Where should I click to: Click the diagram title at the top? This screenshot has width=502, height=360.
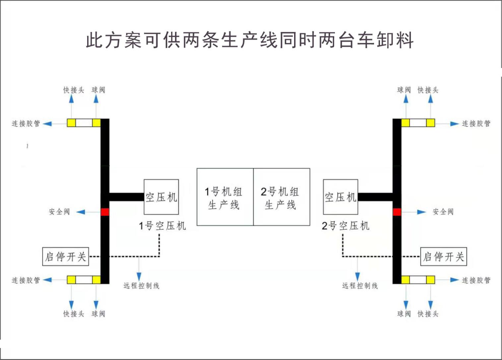[250, 40]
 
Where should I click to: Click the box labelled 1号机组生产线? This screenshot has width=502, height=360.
[225, 197]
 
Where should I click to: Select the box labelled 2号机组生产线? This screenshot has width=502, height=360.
[282, 197]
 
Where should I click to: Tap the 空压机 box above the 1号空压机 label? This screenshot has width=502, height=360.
[161, 197]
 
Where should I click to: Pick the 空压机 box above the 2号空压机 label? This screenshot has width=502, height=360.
[341, 197]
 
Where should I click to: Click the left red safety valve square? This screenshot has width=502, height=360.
[105, 212]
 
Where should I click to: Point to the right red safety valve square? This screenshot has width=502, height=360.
[397, 212]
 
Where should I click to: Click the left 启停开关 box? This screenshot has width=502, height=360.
[66, 256]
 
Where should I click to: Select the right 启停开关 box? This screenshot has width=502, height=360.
[444, 256]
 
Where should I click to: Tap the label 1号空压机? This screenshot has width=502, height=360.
[162, 226]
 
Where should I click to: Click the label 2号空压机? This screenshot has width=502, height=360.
[345, 226]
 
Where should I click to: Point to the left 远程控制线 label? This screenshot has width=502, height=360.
[141, 286]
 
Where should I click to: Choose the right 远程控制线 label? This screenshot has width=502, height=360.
[360, 286]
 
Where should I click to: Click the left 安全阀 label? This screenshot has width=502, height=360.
[59, 212]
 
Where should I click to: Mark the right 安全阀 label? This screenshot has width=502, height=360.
[443, 212]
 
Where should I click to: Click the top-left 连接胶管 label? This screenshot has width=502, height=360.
[26, 124]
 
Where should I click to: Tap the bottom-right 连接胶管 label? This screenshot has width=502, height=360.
[476, 280]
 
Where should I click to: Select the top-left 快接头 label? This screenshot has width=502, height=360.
[74, 90]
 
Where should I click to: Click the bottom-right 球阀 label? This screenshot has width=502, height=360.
[404, 314]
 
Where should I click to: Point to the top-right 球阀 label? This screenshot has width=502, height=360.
[404, 90]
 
